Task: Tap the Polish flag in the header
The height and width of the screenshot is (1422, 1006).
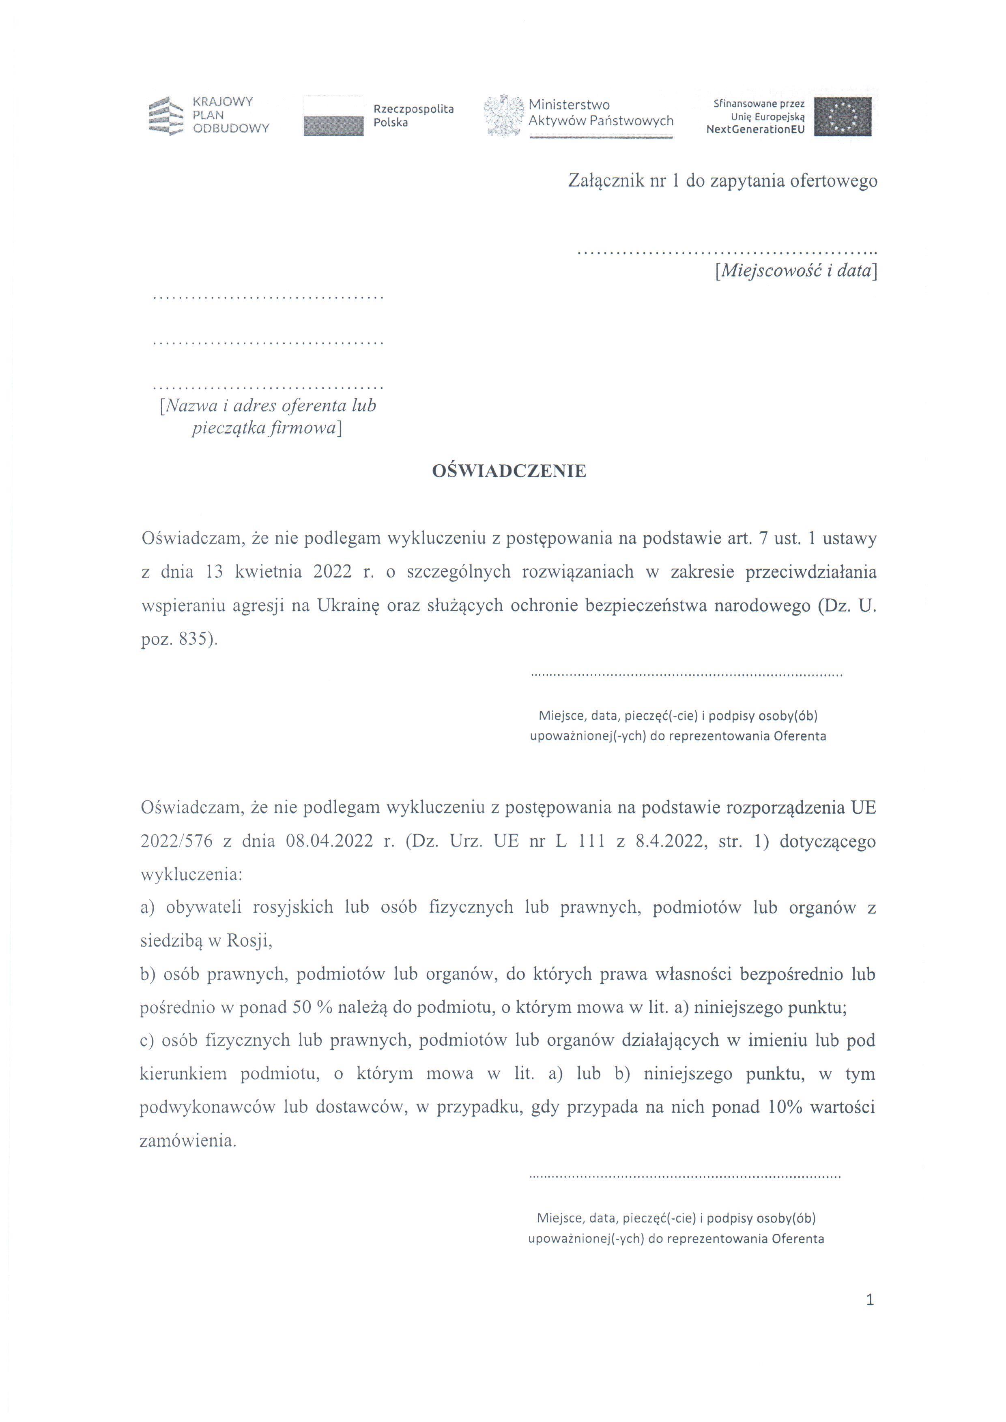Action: (x=333, y=116)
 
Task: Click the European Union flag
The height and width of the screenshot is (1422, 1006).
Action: (x=843, y=116)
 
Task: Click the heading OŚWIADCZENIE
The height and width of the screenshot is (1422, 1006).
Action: (x=509, y=471)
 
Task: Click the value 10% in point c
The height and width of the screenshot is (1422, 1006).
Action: (x=784, y=1107)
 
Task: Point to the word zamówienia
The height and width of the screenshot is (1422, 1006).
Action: (x=188, y=1141)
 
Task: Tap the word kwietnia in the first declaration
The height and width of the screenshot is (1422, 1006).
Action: (x=268, y=572)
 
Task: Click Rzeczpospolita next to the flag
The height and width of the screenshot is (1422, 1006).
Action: (x=413, y=109)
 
